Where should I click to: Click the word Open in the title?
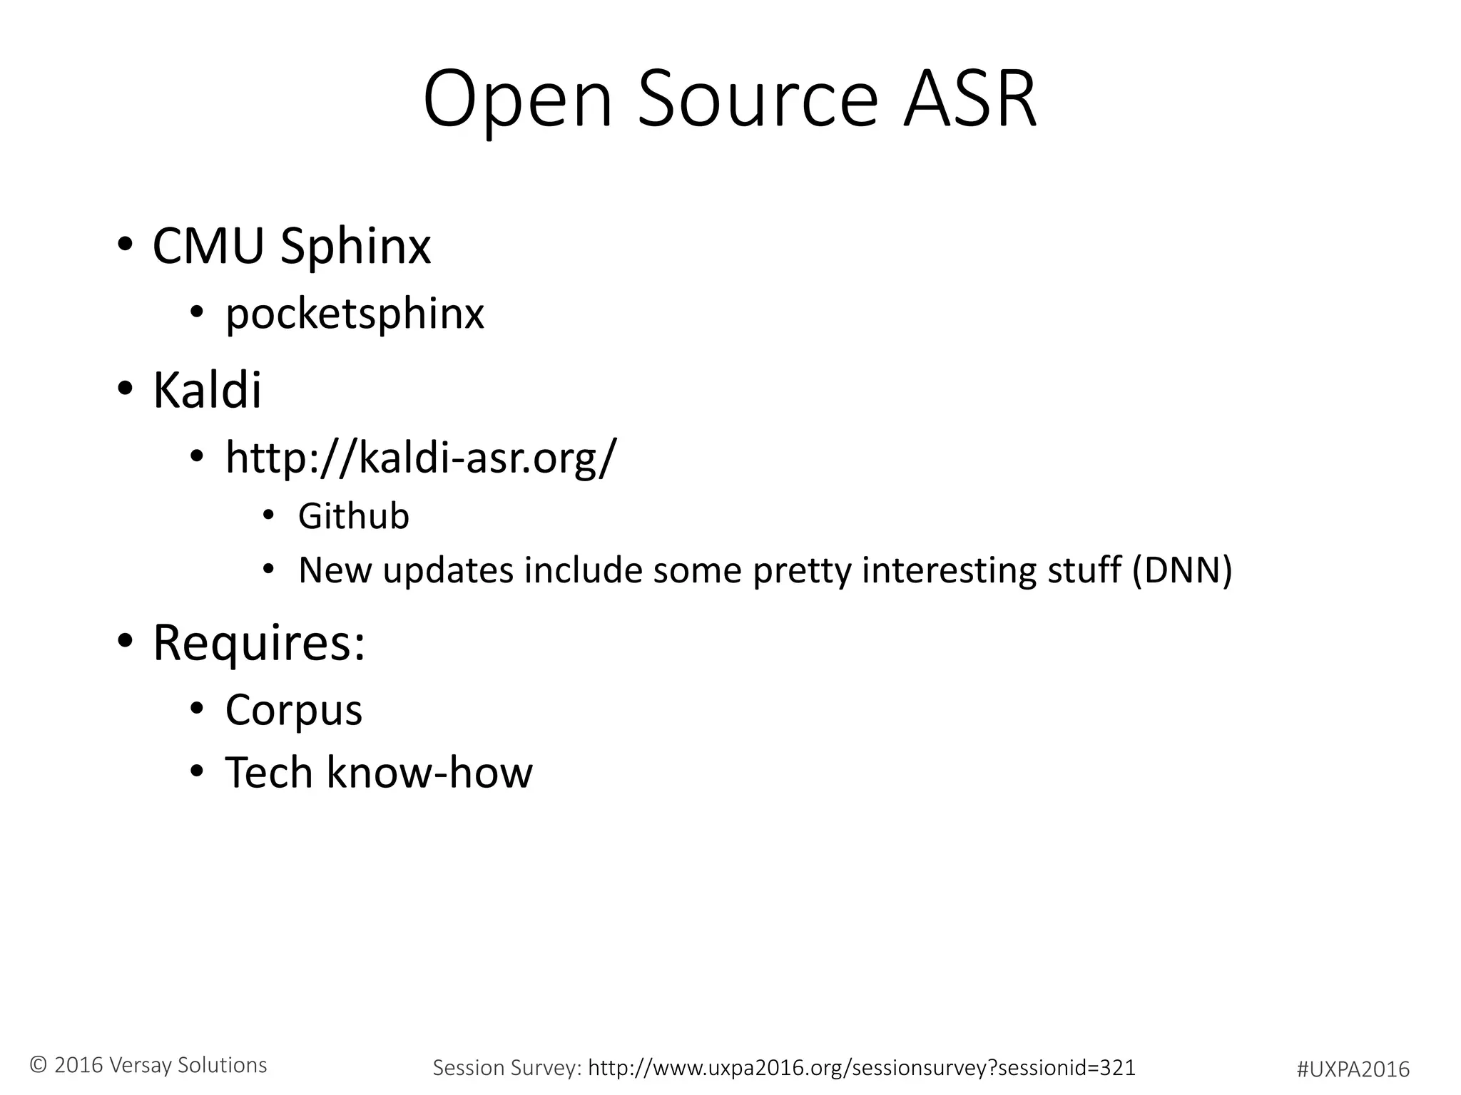click(x=517, y=100)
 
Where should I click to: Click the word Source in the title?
click(x=756, y=100)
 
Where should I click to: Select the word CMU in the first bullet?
click(x=208, y=246)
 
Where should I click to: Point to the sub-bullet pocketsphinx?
click(x=355, y=314)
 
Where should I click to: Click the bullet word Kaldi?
click(x=207, y=390)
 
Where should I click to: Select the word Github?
click(x=353, y=516)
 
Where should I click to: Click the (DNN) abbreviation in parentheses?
click(x=1182, y=570)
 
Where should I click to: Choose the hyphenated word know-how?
click(x=429, y=772)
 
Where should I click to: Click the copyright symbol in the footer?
click(x=39, y=1065)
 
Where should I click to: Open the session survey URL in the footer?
click(x=861, y=1067)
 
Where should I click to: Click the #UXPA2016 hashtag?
click(x=1353, y=1069)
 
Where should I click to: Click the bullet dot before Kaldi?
click(x=126, y=389)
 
